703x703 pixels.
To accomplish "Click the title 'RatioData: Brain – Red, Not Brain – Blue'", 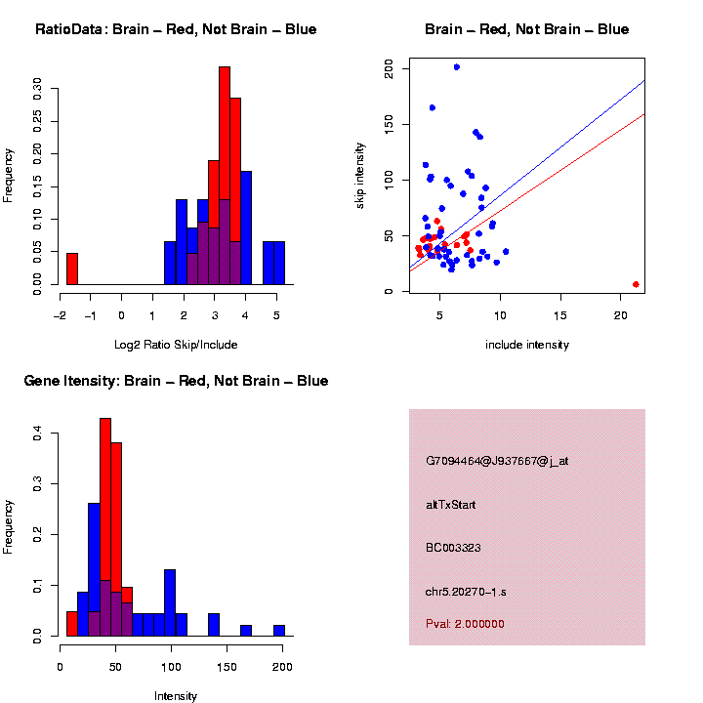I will [176, 30].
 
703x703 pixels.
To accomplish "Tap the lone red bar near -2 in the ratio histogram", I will [71, 269].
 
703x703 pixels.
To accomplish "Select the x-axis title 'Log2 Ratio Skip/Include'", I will [176, 345].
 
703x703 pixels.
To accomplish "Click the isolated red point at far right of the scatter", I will [636, 284].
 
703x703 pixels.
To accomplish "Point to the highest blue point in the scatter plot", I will [456, 67].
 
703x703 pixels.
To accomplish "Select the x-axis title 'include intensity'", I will [527, 345].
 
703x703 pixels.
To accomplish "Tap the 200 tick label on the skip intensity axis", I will [389, 68].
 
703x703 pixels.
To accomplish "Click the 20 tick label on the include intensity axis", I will [621, 314].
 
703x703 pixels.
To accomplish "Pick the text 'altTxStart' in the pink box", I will [450, 505].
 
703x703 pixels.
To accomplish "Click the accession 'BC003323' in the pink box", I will [453, 548].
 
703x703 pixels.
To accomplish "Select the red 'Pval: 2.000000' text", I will [465, 624].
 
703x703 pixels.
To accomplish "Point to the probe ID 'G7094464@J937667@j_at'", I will [497, 461].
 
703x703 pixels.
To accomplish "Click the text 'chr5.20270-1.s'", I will [465, 591].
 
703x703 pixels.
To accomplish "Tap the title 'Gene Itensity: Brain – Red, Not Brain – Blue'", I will [176, 381].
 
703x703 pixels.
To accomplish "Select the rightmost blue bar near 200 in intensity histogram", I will [278, 631].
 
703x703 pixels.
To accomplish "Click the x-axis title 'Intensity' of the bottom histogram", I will [176, 696].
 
